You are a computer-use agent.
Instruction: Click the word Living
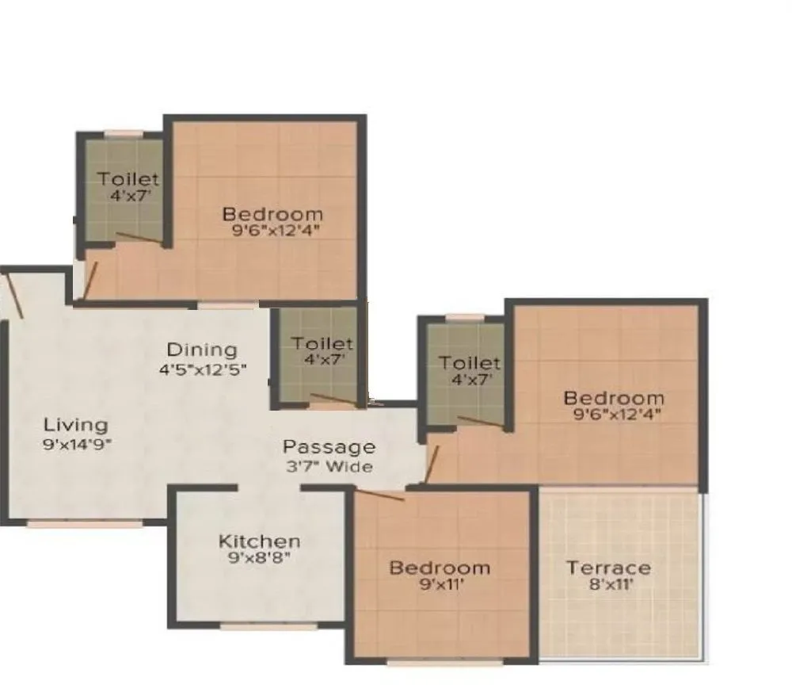pos(75,424)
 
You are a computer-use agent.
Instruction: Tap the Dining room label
pos(202,350)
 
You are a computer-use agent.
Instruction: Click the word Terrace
pos(609,568)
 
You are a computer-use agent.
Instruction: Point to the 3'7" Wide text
pos(329,467)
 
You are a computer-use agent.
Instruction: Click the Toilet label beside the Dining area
pos(322,344)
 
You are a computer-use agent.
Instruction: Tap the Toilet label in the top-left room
pos(128,180)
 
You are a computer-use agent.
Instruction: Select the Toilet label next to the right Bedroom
pos(470,363)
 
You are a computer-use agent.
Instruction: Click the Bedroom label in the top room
pos(272,214)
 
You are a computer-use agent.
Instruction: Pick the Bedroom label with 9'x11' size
pos(440,568)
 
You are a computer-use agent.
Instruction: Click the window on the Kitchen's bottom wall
pos(257,626)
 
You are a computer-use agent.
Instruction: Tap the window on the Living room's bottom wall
pos(85,523)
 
